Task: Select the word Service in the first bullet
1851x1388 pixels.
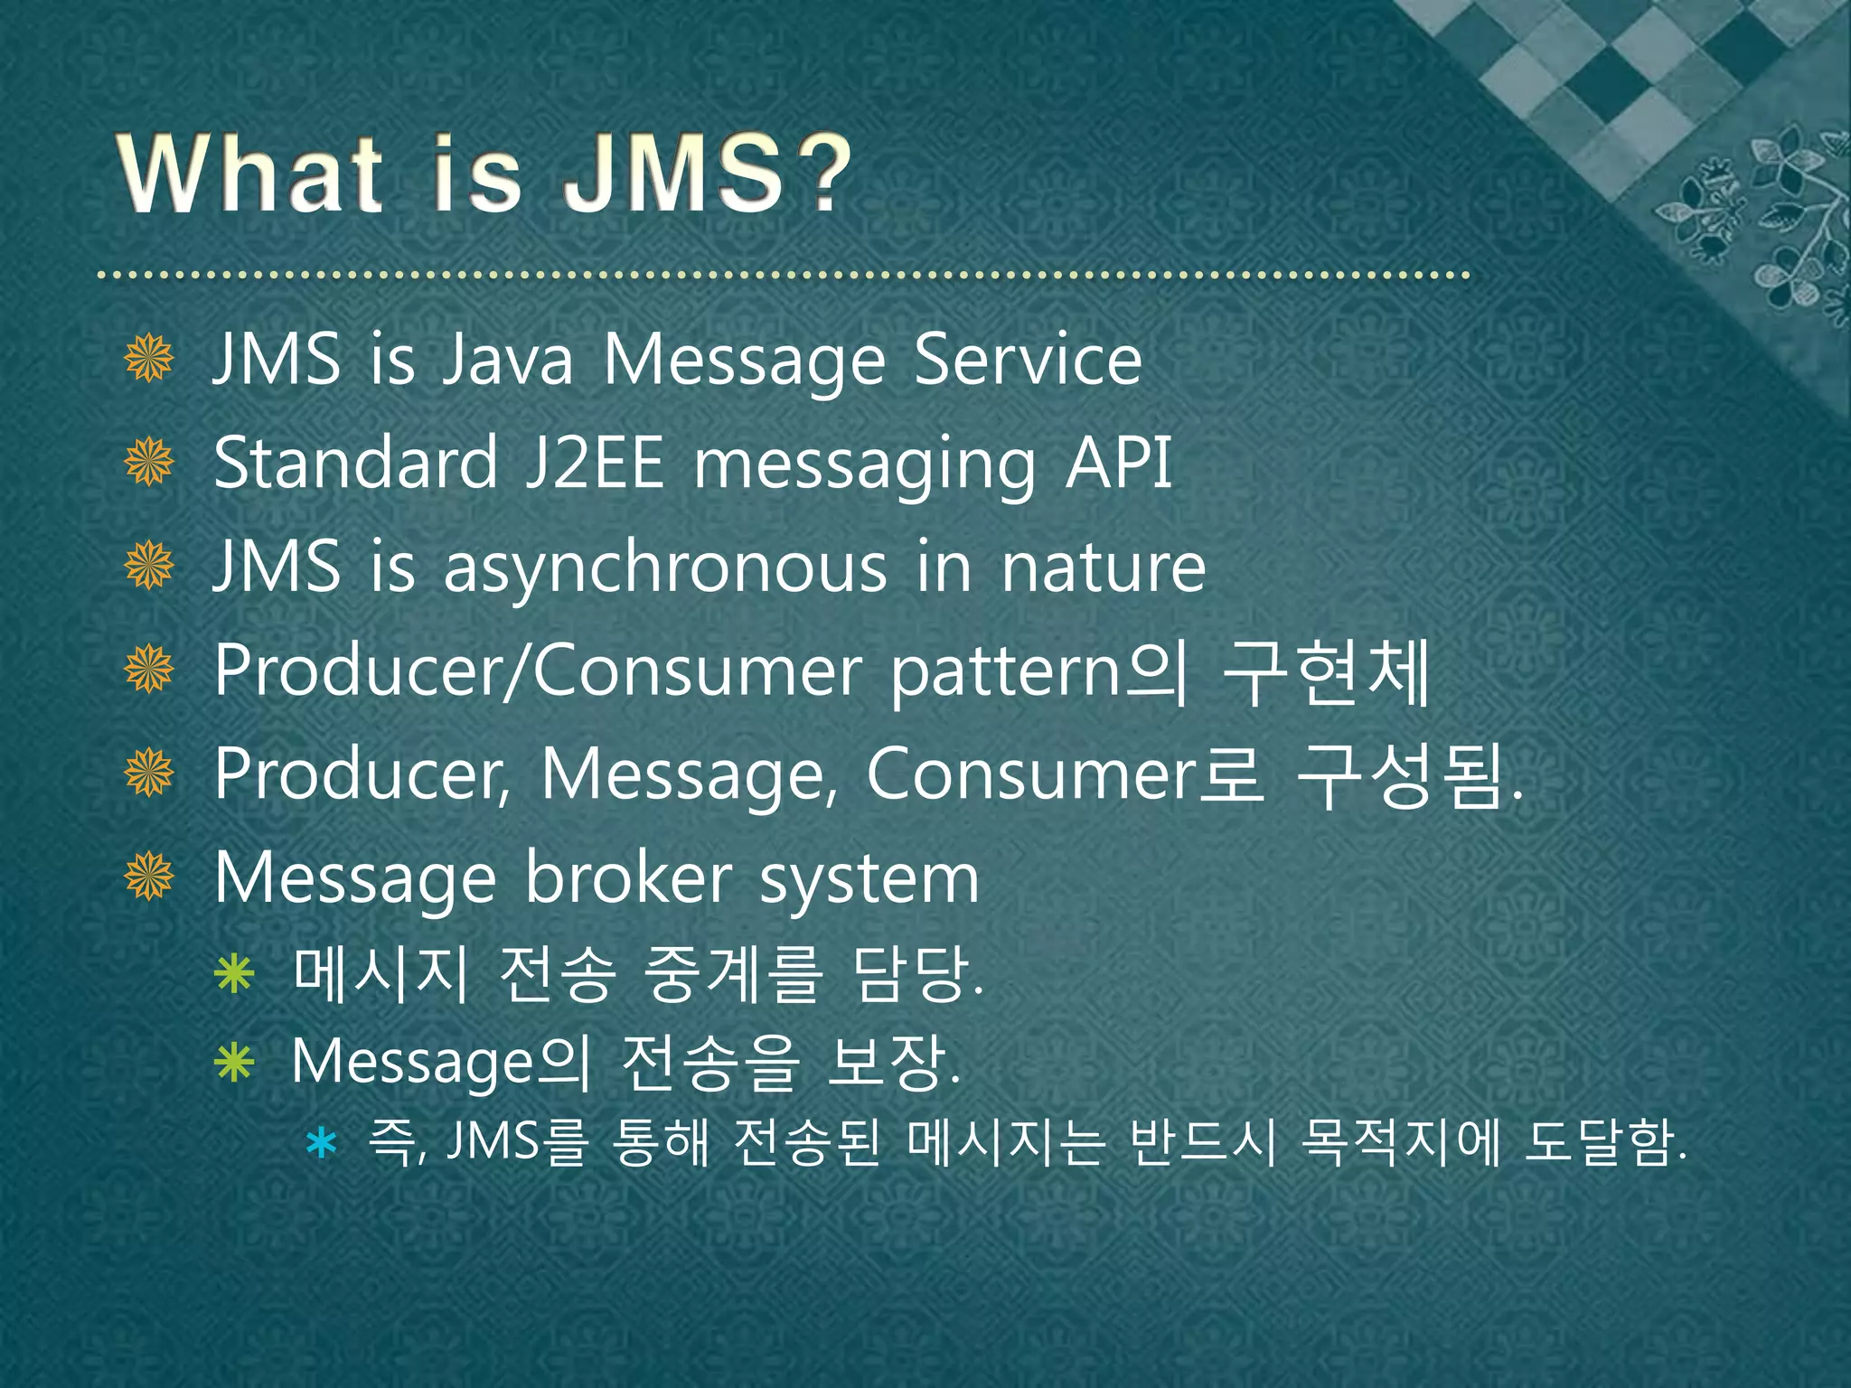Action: (1028, 360)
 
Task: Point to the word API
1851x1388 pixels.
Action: (1118, 463)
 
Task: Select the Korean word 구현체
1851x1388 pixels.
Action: (1326, 671)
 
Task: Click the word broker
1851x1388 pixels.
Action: (629, 878)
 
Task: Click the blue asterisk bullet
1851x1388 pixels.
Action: (321, 1144)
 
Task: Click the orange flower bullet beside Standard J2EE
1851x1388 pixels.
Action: (149, 462)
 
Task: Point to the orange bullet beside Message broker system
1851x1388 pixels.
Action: (149, 877)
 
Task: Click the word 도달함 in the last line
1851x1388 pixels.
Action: (1600, 1142)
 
